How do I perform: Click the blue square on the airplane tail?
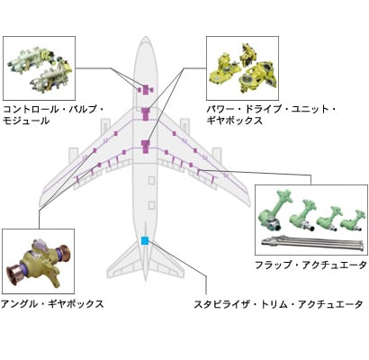(145, 240)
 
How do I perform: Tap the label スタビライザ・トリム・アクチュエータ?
(279, 304)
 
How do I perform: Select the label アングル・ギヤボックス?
(52, 304)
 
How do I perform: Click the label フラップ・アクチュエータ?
(311, 265)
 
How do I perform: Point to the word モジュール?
(26, 121)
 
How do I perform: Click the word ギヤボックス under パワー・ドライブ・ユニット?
(235, 121)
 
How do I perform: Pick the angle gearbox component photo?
(38, 261)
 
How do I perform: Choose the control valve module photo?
(39, 68)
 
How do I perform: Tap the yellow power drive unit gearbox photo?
(242, 68)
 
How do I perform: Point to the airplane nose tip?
(146, 37)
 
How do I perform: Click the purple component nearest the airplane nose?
(146, 90)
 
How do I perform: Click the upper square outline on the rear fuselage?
(152, 180)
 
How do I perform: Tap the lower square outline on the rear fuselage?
(152, 205)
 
